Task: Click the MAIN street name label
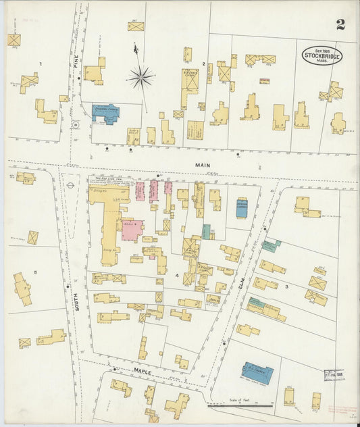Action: tap(203, 165)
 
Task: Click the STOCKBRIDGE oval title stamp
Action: tap(322, 55)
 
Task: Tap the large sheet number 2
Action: tap(340, 25)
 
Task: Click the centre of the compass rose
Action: tap(140, 77)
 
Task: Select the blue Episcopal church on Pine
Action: tap(105, 113)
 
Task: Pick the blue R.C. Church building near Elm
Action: tap(257, 373)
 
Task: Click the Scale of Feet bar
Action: tap(240, 406)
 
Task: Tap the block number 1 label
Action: tap(41, 64)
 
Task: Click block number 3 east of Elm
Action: tap(286, 287)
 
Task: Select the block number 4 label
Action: tap(177, 276)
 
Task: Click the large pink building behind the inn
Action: tap(132, 230)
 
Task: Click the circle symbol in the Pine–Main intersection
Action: tap(76, 124)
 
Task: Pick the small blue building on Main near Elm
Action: tap(241, 207)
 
